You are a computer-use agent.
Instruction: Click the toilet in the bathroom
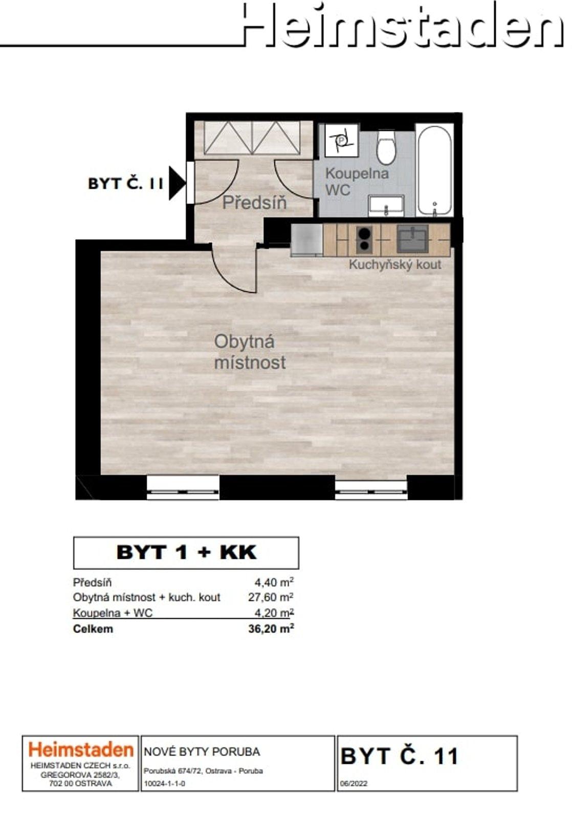pyautogui.click(x=386, y=148)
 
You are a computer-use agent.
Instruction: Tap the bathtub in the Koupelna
pyautogui.click(x=434, y=170)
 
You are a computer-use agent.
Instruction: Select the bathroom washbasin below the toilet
pyautogui.click(x=386, y=206)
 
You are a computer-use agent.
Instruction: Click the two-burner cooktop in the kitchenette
pyautogui.click(x=364, y=240)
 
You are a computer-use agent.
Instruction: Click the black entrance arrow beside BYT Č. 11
pyautogui.click(x=177, y=183)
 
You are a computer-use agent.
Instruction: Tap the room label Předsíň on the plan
pyautogui.click(x=254, y=203)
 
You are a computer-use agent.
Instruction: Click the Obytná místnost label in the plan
pyautogui.click(x=250, y=352)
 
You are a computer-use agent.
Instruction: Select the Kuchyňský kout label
pyautogui.click(x=395, y=264)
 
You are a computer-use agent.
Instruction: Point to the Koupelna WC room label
pyautogui.click(x=357, y=181)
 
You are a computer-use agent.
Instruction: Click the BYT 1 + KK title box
pyautogui.click(x=186, y=553)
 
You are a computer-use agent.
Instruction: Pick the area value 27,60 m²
pyautogui.click(x=271, y=597)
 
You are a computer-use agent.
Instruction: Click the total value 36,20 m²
pyautogui.click(x=271, y=628)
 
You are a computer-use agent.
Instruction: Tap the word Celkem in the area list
pyautogui.click(x=93, y=629)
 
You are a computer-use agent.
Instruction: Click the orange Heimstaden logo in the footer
pyautogui.click(x=81, y=749)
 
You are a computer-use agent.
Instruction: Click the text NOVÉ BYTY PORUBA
pyautogui.click(x=202, y=752)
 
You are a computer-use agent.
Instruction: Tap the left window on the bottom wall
pyautogui.click(x=183, y=487)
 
